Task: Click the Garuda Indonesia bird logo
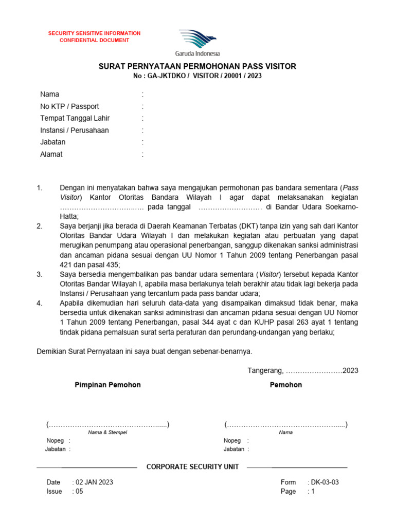click(197, 39)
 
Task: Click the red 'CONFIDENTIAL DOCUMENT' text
click(94, 40)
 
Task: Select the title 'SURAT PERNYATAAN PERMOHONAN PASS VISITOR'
click(197, 67)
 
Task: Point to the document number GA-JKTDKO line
click(197, 76)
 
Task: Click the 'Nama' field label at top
click(50, 94)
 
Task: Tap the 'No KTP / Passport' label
click(69, 106)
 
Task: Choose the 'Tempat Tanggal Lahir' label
click(75, 118)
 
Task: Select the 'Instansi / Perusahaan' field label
click(75, 130)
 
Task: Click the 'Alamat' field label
click(51, 154)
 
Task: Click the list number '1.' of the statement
click(40, 188)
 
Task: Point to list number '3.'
click(40, 274)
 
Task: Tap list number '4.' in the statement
click(40, 303)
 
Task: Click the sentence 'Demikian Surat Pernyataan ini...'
click(145, 351)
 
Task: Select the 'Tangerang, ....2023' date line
click(303, 370)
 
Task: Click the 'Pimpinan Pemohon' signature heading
click(108, 385)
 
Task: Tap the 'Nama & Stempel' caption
click(107, 433)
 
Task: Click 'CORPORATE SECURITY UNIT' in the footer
click(193, 467)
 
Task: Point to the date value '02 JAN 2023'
click(94, 482)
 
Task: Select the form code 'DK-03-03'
click(324, 482)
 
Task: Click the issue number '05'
click(79, 491)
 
